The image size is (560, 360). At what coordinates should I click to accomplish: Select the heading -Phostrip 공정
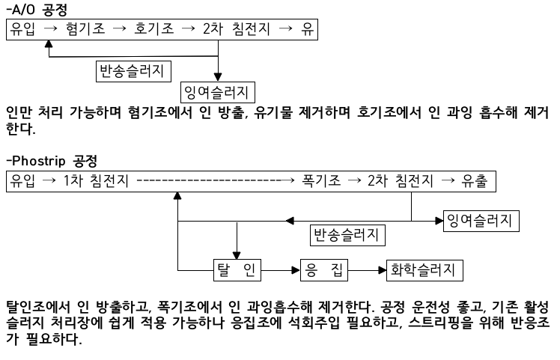click(56, 160)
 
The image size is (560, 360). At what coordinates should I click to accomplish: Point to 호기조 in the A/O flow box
click(153, 30)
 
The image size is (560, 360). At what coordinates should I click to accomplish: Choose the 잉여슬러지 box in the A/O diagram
click(218, 92)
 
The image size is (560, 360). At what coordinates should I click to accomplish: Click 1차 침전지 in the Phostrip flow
click(97, 181)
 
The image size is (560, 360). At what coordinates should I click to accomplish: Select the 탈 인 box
click(235, 269)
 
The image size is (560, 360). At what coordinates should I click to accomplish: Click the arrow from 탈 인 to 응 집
click(281, 269)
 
